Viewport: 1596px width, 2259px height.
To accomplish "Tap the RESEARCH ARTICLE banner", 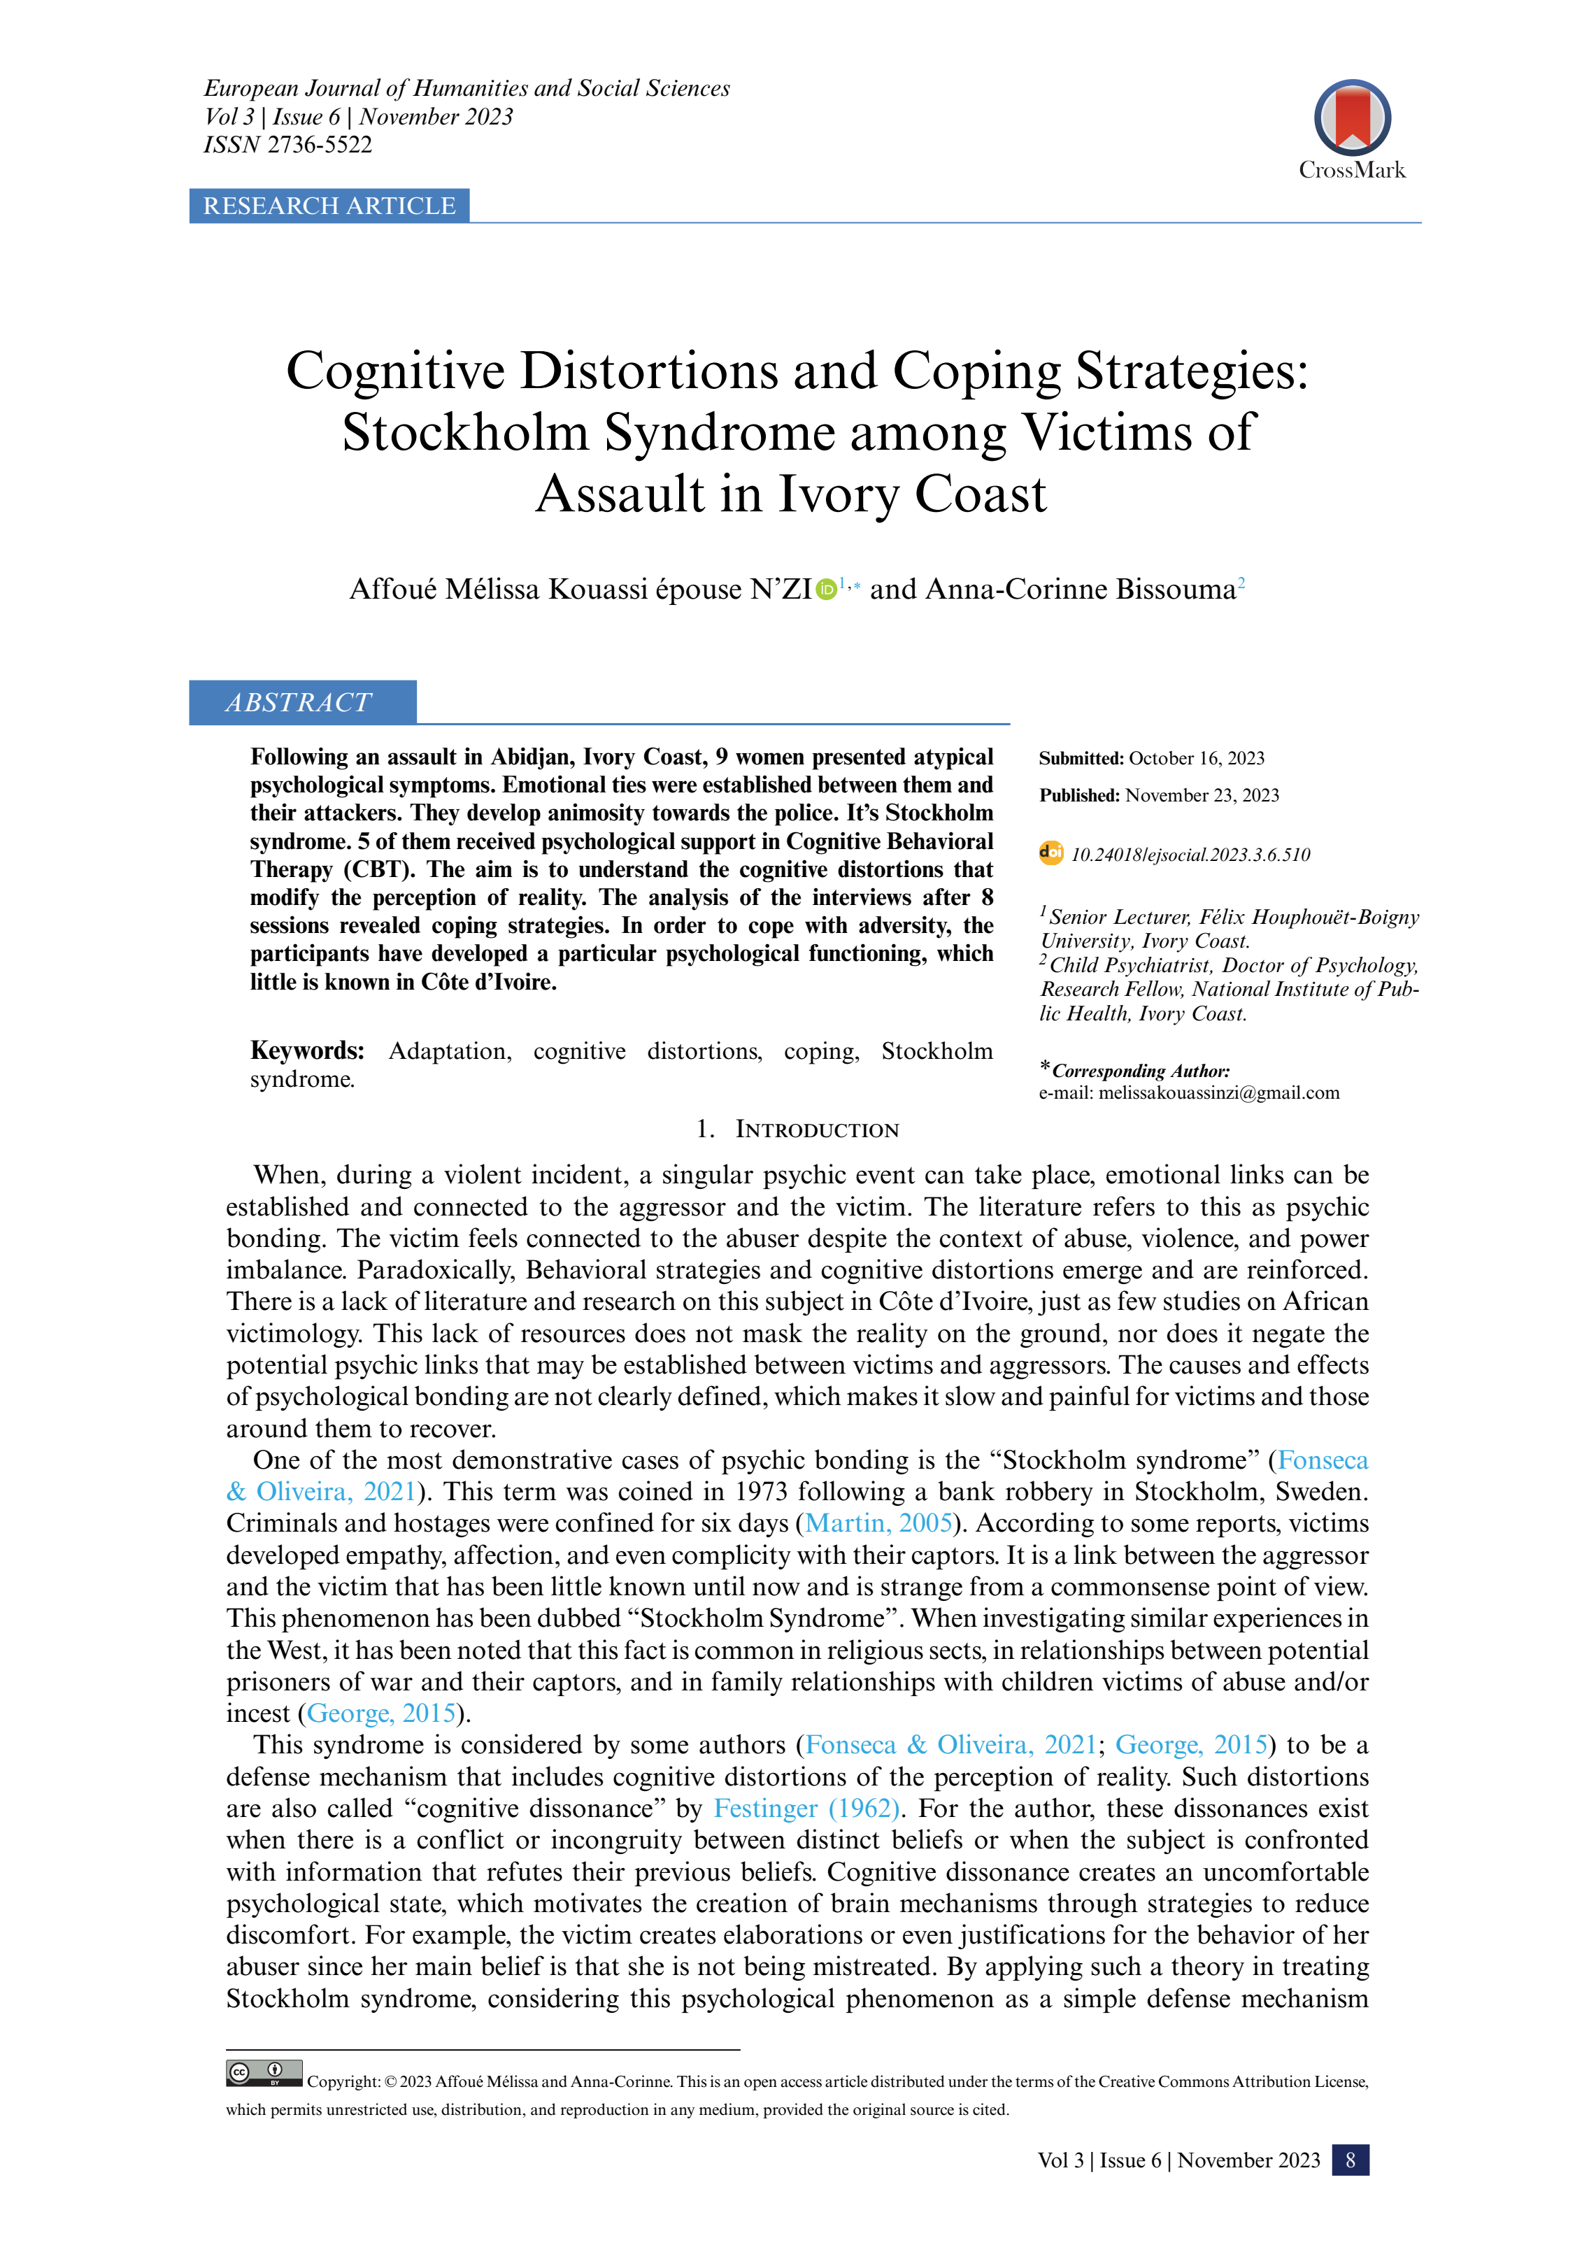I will pyautogui.click(x=329, y=206).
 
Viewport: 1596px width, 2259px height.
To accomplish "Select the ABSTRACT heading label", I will pyautogui.click(x=299, y=702).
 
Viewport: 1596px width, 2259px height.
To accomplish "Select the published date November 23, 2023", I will pyautogui.click(x=1202, y=795).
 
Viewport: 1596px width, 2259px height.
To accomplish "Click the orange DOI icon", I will pyautogui.click(x=1051, y=853).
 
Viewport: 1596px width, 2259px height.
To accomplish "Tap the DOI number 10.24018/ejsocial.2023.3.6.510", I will pyautogui.click(x=1190, y=855).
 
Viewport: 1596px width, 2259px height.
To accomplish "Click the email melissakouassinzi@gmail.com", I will pyautogui.click(x=1218, y=1092).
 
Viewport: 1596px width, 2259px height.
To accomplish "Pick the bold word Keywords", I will pyautogui.click(x=307, y=1050).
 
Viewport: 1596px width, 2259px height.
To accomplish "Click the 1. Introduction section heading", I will pyautogui.click(x=798, y=1129).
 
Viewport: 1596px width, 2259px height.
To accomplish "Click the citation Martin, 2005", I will pyautogui.click(x=878, y=1523).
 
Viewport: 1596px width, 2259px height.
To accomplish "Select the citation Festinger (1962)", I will pyautogui.click(x=806, y=1809).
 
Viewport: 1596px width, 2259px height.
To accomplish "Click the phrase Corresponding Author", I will pyautogui.click(x=1141, y=1071).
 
